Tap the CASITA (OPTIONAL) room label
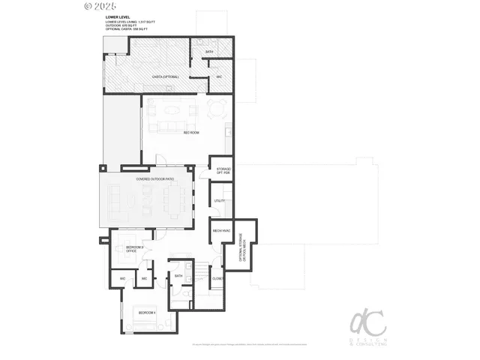click(x=165, y=76)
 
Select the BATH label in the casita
click(x=209, y=52)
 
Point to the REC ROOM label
click(x=191, y=133)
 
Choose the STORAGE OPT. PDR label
click(x=223, y=172)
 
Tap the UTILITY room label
click(x=220, y=201)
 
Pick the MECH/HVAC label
click(x=221, y=230)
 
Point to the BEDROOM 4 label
click(x=147, y=312)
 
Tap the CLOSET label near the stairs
click(x=217, y=278)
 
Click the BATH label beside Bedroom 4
click(x=178, y=276)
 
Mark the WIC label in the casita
click(x=219, y=76)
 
